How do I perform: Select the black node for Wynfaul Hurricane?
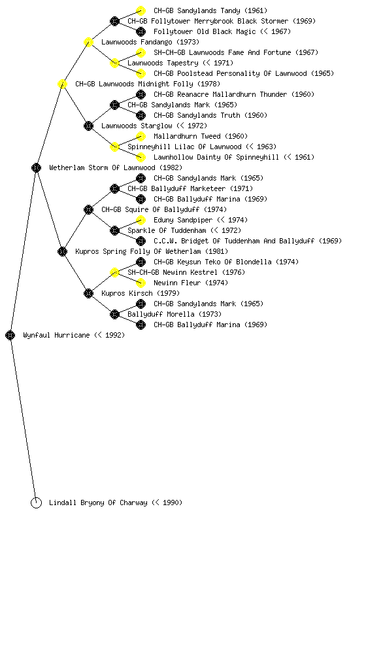click(x=10, y=336)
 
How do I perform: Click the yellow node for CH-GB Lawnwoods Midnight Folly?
click(x=62, y=84)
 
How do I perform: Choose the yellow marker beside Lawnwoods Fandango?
click(x=88, y=43)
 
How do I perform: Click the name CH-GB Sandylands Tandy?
click(x=197, y=10)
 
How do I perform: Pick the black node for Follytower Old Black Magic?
click(x=141, y=31)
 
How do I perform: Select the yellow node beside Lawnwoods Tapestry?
click(x=114, y=63)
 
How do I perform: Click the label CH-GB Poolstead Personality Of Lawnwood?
click(x=230, y=73)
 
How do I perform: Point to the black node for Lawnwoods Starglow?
click(x=88, y=126)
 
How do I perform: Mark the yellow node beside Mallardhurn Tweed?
click(x=141, y=136)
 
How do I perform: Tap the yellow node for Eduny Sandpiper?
click(x=141, y=220)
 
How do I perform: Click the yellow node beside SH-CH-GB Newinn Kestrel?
click(x=114, y=273)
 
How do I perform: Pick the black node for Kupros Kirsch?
click(x=88, y=294)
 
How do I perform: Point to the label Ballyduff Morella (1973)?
click(x=175, y=315)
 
